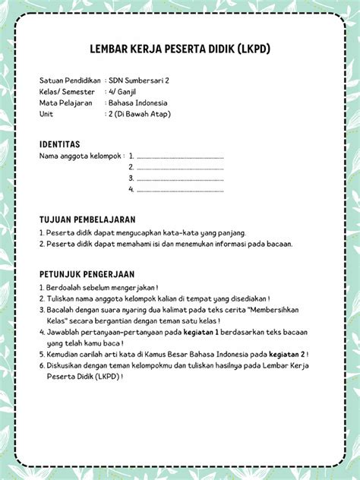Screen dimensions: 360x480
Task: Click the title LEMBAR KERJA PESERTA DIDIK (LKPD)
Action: [179, 50]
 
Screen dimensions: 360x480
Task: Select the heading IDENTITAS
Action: [59, 144]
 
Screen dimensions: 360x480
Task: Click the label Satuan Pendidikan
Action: [71, 80]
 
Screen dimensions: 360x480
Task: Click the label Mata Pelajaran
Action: [66, 103]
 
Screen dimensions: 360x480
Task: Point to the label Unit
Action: [46, 114]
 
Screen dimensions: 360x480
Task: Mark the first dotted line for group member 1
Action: [180, 156]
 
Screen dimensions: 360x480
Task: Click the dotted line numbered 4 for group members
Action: [180, 189]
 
